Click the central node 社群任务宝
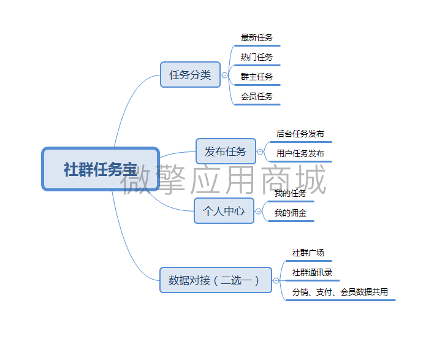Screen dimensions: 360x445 coord(101,169)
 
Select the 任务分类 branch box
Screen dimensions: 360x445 coord(190,75)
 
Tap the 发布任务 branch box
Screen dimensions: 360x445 coord(226,151)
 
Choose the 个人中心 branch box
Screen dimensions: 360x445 coord(224,211)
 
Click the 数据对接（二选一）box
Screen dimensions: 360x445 coord(215,280)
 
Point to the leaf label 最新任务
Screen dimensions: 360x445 coord(257,37)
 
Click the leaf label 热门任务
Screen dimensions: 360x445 coord(257,57)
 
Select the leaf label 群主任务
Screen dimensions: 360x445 coord(257,77)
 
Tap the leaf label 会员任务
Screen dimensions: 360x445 coord(257,96)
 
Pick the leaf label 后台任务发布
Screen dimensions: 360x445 coord(300,134)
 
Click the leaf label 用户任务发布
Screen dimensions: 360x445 coord(300,153)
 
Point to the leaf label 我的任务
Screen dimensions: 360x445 coord(291,193)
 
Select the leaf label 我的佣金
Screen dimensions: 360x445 coord(291,213)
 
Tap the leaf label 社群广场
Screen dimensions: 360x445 coord(308,253)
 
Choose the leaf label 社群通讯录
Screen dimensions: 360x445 coord(312,272)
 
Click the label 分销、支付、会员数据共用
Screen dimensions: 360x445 coord(340,292)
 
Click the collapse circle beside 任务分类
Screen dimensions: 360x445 coord(225,75)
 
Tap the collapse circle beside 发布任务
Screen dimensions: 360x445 coord(261,151)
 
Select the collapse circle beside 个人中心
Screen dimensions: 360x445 coord(259,211)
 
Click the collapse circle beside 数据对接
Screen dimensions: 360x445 coord(276,280)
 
